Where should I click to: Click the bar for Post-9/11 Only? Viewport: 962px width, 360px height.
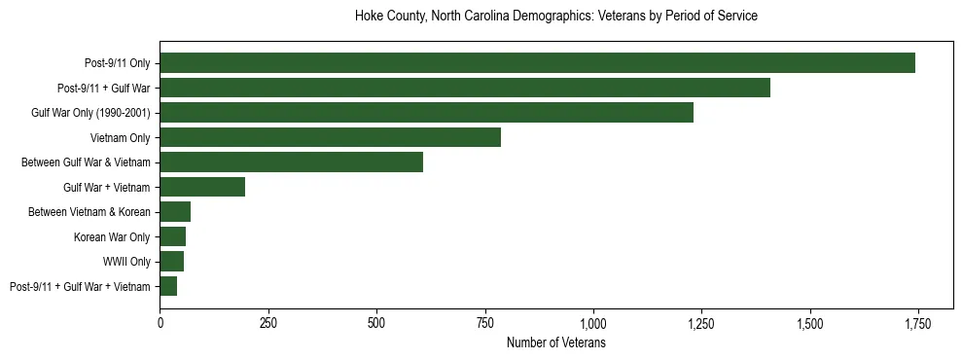(537, 63)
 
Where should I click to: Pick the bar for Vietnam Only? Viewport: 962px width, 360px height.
(330, 137)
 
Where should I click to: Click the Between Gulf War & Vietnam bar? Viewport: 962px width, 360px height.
(291, 162)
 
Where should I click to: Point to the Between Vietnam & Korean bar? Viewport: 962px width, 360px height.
(175, 212)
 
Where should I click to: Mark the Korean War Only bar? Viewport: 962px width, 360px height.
(172, 236)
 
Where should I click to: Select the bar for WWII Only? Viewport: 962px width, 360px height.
(171, 261)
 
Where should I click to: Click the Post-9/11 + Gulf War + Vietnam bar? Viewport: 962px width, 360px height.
(168, 286)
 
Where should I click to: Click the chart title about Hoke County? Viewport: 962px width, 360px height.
(555, 17)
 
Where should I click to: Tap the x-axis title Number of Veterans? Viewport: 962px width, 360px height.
(555, 343)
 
